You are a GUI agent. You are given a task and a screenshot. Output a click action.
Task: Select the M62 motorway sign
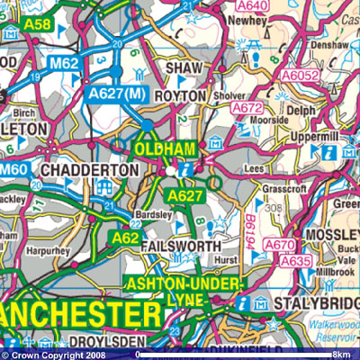[x=64, y=63]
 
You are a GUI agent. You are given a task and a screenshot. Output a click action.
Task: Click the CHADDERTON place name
[x=88, y=170]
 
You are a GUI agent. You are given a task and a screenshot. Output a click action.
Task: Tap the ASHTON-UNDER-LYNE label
[x=184, y=291]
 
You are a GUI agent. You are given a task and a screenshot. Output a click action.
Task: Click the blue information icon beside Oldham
[x=186, y=167]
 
